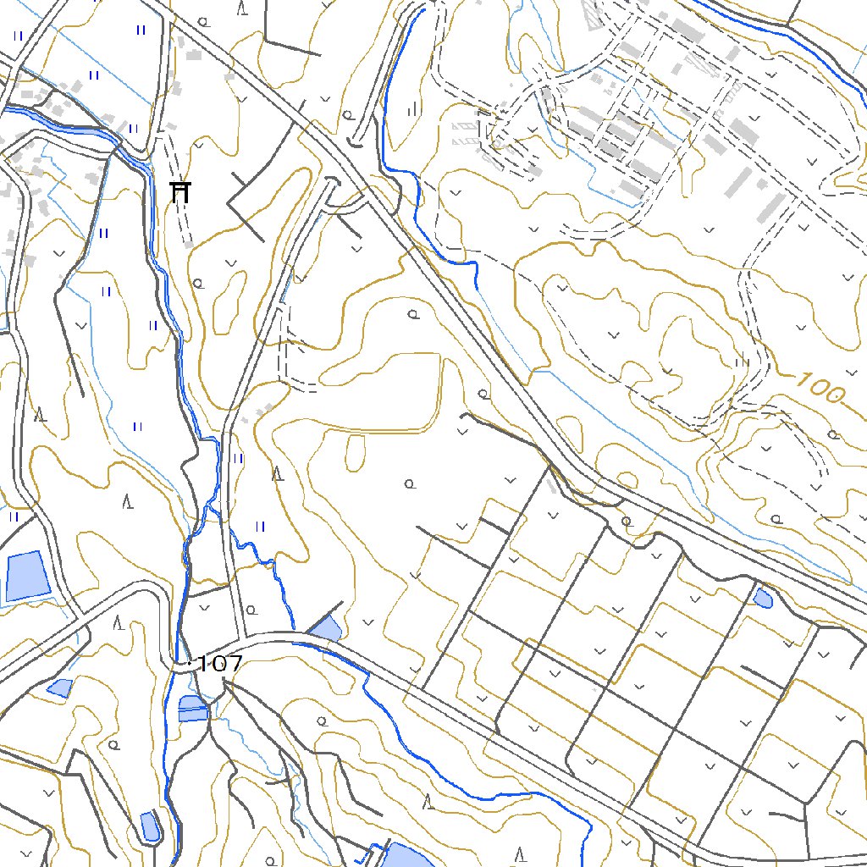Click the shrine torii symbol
click(x=179, y=192)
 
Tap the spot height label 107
click(x=219, y=664)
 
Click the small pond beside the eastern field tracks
click(x=763, y=599)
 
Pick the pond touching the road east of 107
click(x=326, y=628)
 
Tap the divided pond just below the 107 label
click(x=193, y=709)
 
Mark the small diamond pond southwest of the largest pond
click(x=59, y=688)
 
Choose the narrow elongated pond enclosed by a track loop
click(x=150, y=826)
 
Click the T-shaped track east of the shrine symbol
click(x=246, y=203)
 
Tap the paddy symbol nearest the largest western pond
click(x=14, y=516)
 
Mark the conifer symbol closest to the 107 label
click(x=119, y=623)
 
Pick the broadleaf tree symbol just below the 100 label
click(x=833, y=434)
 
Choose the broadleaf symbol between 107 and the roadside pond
click(x=251, y=608)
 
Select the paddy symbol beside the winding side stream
click(x=260, y=526)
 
